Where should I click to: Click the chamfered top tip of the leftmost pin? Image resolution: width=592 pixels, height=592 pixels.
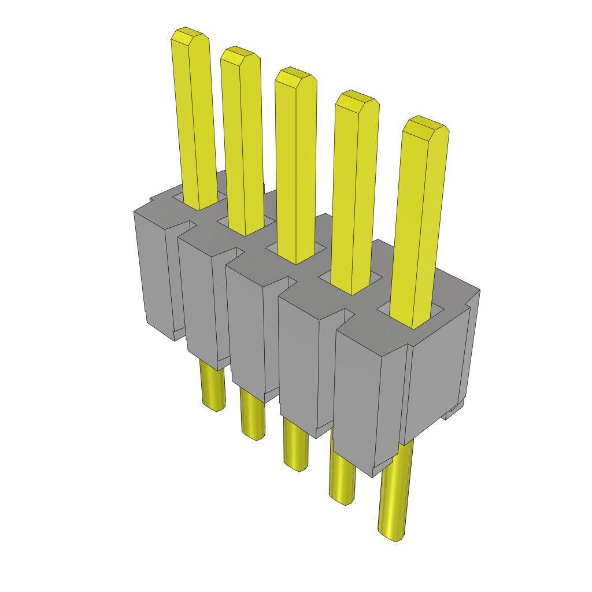[x=190, y=36]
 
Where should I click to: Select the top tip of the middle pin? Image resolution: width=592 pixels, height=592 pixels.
[x=295, y=77]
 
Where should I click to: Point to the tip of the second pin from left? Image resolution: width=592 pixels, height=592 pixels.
[x=239, y=56]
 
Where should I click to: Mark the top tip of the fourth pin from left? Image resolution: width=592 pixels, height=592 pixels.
[x=357, y=101]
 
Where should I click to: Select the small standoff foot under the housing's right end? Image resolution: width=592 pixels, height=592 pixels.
[x=454, y=412]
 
